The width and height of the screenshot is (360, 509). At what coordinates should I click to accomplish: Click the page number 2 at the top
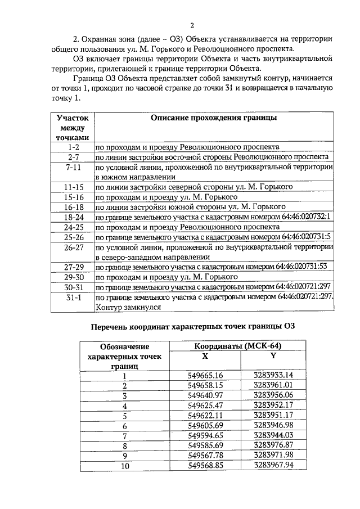point(192,25)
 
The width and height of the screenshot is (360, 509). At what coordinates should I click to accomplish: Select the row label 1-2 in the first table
point(73,147)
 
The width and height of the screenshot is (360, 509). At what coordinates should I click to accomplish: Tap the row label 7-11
point(73,168)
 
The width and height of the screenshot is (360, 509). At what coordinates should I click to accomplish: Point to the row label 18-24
point(73,217)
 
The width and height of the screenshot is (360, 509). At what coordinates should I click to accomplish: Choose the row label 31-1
point(73,297)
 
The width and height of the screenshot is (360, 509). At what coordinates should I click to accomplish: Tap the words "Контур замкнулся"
point(129,308)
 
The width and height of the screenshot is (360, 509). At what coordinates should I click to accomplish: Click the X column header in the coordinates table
point(205,356)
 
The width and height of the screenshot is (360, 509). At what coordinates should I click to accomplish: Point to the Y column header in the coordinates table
point(273,356)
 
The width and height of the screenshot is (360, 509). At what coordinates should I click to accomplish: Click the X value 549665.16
point(206,375)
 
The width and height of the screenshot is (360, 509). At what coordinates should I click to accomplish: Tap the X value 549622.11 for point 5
point(206,416)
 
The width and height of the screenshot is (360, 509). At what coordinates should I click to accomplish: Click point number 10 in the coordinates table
point(125,466)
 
